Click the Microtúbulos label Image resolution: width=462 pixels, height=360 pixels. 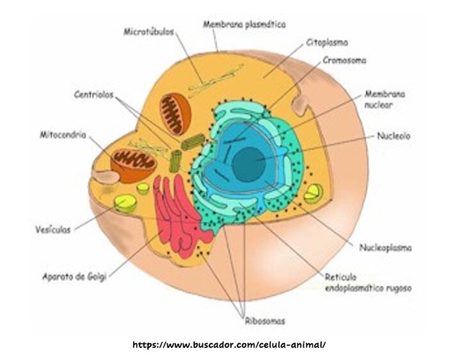(149, 31)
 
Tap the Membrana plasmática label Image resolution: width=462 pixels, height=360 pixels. (244, 24)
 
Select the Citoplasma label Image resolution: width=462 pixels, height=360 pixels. (327, 42)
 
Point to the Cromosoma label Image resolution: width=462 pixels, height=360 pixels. (344, 60)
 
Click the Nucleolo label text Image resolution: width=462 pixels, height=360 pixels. (394, 136)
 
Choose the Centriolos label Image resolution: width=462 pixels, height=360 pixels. (93, 94)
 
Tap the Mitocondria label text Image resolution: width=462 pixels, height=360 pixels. (63, 135)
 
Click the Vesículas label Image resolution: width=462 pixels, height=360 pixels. (53, 229)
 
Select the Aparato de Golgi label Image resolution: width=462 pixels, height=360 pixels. (74, 277)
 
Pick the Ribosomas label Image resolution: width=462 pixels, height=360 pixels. (265, 321)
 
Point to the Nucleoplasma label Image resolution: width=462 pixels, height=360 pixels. (385, 247)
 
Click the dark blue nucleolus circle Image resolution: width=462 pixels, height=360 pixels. (249, 164)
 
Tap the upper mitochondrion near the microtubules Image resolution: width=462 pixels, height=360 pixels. (175, 114)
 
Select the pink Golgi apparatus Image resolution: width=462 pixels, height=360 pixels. (180, 217)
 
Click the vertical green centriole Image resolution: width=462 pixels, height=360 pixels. (175, 161)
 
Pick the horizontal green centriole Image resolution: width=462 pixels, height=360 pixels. (193, 142)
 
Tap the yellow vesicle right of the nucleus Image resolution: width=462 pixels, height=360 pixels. (313, 193)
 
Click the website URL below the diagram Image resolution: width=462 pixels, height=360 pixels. (229, 345)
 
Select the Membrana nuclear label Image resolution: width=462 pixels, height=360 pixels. (385, 99)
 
